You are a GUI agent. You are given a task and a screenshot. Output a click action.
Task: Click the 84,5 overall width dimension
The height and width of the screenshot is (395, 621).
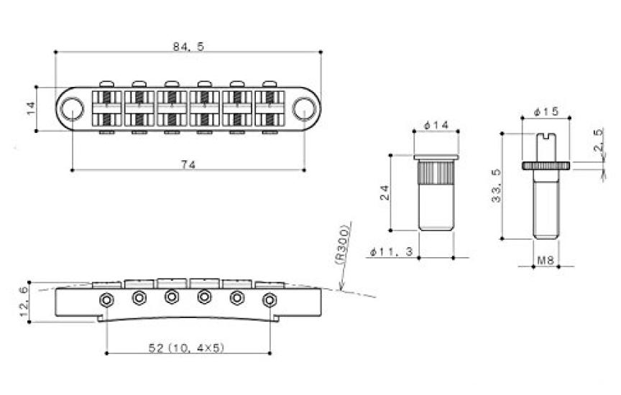point(188,47)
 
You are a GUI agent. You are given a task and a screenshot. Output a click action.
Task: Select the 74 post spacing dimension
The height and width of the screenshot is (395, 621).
point(189,163)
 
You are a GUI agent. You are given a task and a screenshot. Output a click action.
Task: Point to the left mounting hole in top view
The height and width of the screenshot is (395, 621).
point(71,108)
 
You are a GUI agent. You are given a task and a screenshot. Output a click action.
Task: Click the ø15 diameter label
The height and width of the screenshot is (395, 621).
point(547,113)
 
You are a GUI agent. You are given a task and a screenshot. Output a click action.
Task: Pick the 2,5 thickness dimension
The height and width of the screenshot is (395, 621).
point(599,141)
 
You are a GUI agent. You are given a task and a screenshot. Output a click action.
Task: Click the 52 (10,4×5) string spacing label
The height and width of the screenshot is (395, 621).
point(189,347)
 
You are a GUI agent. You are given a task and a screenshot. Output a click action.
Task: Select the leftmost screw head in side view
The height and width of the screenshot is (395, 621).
point(106,299)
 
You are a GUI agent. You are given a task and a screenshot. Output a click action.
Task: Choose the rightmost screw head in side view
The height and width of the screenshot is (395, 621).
point(270,299)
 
